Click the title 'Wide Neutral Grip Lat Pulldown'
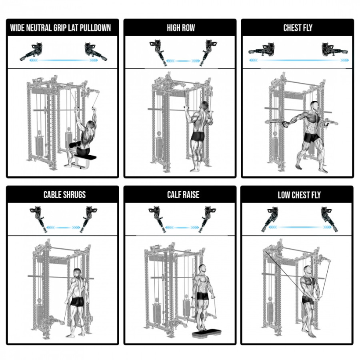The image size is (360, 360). (x=60, y=28)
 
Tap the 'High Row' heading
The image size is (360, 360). (x=181, y=28)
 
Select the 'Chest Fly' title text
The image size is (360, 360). (x=298, y=28)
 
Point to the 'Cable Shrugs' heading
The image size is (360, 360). (x=64, y=195)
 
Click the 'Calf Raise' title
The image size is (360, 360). (x=183, y=195)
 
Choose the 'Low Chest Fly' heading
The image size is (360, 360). (x=299, y=195)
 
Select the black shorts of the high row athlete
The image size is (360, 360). (x=198, y=136)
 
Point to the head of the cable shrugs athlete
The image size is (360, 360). (x=77, y=272)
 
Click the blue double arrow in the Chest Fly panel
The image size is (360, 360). (x=299, y=60)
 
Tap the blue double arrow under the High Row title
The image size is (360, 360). (x=183, y=61)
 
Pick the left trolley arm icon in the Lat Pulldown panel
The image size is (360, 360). (x=32, y=52)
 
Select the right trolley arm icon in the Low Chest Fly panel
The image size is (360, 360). (x=329, y=219)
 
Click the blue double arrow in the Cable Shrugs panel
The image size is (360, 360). (x=63, y=228)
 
